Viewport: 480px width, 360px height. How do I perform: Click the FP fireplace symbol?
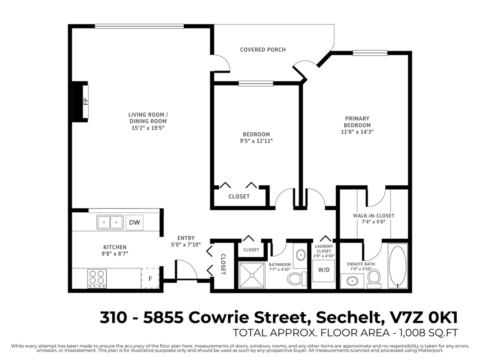click(x=85, y=102)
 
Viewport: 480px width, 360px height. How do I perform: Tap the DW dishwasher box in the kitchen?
click(x=134, y=223)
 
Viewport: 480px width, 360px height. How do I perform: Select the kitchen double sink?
click(x=110, y=222)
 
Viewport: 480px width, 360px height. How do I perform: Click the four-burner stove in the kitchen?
click(x=97, y=278)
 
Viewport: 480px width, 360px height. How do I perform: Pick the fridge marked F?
click(x=150, y=278)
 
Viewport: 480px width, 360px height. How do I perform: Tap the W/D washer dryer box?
click(x=324, y=270)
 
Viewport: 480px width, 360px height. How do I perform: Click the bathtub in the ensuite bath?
click(x=397, y=266)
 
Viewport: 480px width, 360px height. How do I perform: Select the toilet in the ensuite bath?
click(x=374, y=278)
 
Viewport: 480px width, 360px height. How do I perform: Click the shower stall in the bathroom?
click(x=252, y=275)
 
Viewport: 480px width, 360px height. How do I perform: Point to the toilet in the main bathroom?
click(x=296, y=278)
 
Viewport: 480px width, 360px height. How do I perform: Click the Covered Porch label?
click(x=263, y=50)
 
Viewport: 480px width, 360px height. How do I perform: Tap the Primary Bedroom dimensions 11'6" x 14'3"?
click(x=358, y=132)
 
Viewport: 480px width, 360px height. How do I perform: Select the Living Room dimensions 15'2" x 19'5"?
click(x=148, y=128)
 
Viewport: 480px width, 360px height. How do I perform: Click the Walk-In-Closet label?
click(x=374, y=216)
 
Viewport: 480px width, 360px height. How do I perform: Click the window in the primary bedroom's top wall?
click(x=370, y=53)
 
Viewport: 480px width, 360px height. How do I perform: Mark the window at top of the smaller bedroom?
click(x=256, y=84)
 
